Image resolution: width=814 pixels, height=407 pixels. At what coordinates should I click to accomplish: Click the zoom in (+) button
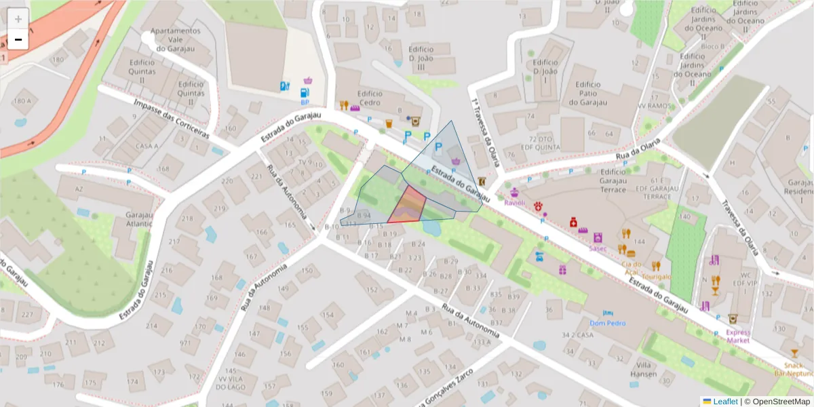[18, 19]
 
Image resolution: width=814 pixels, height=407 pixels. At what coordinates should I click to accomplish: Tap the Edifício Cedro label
[370, 98]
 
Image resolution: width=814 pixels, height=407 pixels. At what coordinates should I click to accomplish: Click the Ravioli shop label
[515, 202]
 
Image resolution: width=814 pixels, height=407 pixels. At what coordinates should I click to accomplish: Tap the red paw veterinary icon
[539, 206]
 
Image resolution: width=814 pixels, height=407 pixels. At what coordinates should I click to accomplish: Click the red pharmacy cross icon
[573, 222]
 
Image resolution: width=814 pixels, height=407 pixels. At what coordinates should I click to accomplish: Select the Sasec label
[598, 248]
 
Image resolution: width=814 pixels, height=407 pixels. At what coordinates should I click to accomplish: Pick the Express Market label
[738, 336]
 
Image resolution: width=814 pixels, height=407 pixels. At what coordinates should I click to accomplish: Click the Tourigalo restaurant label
[657, 277]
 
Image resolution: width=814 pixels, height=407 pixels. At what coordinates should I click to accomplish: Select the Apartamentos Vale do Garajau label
[175, 39]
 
